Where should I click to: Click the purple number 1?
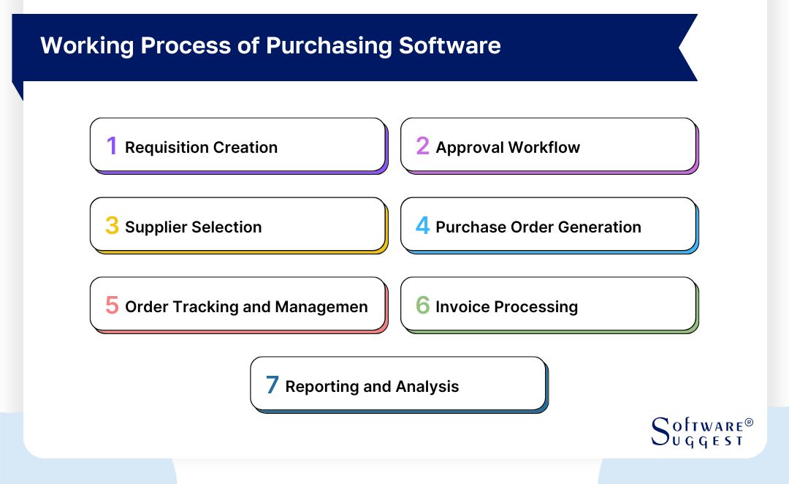click(111, 146)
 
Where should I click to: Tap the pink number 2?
click(422, 146)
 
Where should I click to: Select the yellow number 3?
click(111, 226)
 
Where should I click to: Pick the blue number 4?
click(422, 226)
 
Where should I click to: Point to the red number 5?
click(111, 306)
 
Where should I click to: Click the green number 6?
click(422, 306)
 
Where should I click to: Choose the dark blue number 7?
click(272, 385)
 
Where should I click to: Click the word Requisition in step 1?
click(167, 148)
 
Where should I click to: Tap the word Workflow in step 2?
click(544, 148)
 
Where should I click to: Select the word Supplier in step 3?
click(156, 227)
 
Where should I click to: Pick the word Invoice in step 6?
click(462, 307)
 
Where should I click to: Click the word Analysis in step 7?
click(430, 387)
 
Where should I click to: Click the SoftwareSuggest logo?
click(700, 432)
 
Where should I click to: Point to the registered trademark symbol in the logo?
click(748, 423)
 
